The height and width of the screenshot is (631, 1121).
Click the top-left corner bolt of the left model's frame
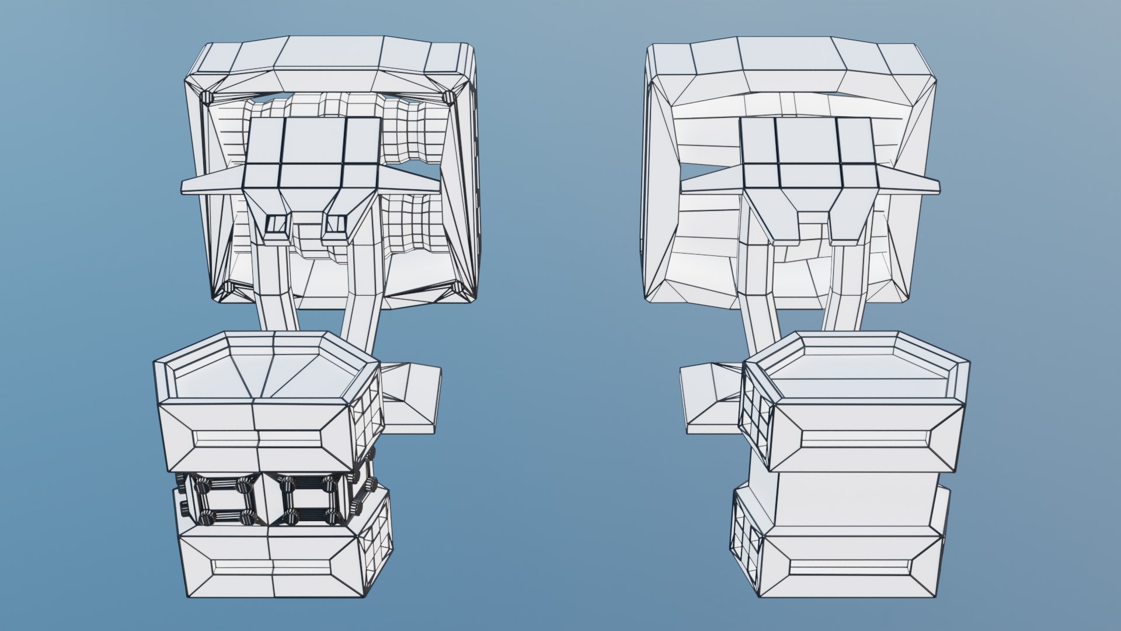tap(206, 97)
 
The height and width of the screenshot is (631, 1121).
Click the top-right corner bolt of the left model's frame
tap(448, 97)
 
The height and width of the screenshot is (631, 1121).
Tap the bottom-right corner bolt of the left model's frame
tap(457, 289)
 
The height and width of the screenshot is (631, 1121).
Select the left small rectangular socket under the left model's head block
tap(277, 223)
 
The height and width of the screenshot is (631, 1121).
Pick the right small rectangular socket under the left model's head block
tap(336, 223)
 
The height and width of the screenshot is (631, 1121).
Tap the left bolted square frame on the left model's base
tap(224, 501)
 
